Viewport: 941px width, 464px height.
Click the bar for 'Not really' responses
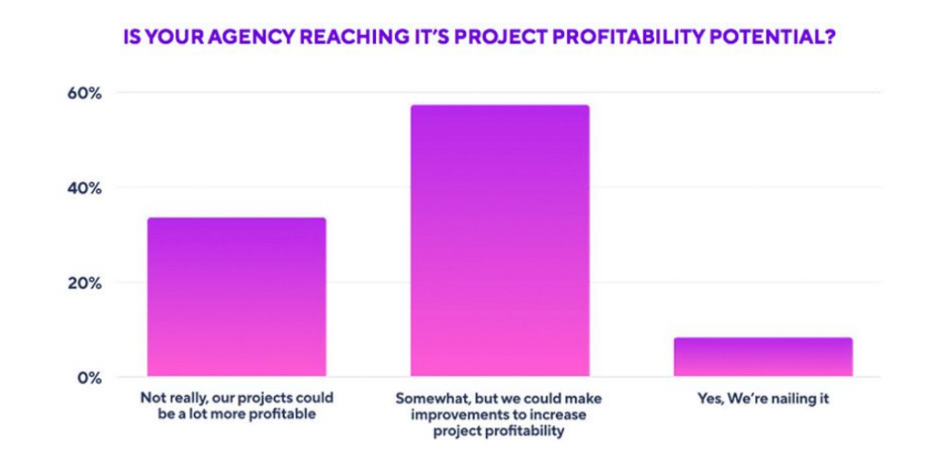pyautogui.click(x=236, y=297)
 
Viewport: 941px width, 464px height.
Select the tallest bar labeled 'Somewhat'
pyautogui.click(x=499, y=241)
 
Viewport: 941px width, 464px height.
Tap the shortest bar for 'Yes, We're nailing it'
pyautogui.click(x=763, y=356)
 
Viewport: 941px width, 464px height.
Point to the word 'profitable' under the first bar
pyautogui.click(x=273, y=415)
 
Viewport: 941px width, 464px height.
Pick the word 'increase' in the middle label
pyautogui.click(x=548, y=416)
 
